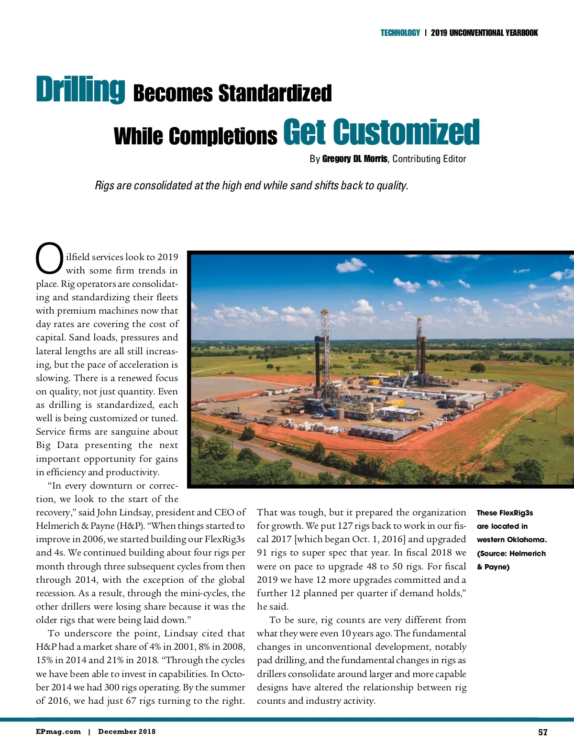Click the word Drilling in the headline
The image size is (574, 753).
point(80,89)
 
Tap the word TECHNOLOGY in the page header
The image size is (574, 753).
point(400,33)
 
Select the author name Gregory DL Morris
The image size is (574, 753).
point(354,159)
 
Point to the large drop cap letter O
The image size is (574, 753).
point(49,259)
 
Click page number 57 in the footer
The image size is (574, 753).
point(542,732)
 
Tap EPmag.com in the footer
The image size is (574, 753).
point(58,731)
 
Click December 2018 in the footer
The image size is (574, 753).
point(127,731)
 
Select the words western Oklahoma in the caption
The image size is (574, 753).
point(511,540)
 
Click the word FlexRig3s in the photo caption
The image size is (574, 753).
point(516,513)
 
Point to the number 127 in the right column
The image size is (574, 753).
point(345,526)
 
